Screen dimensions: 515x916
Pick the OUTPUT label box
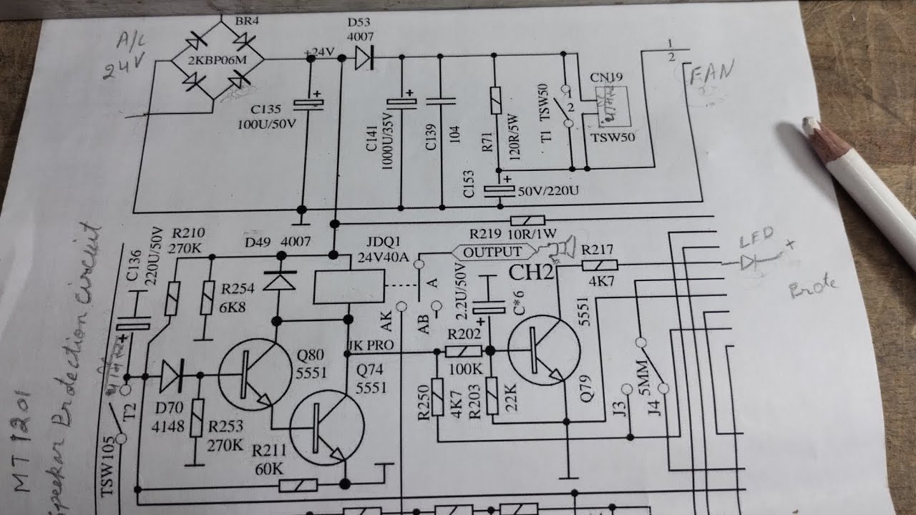[492, 252]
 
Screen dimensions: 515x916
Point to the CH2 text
[531, 273]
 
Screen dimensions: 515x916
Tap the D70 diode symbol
[171, 374]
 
